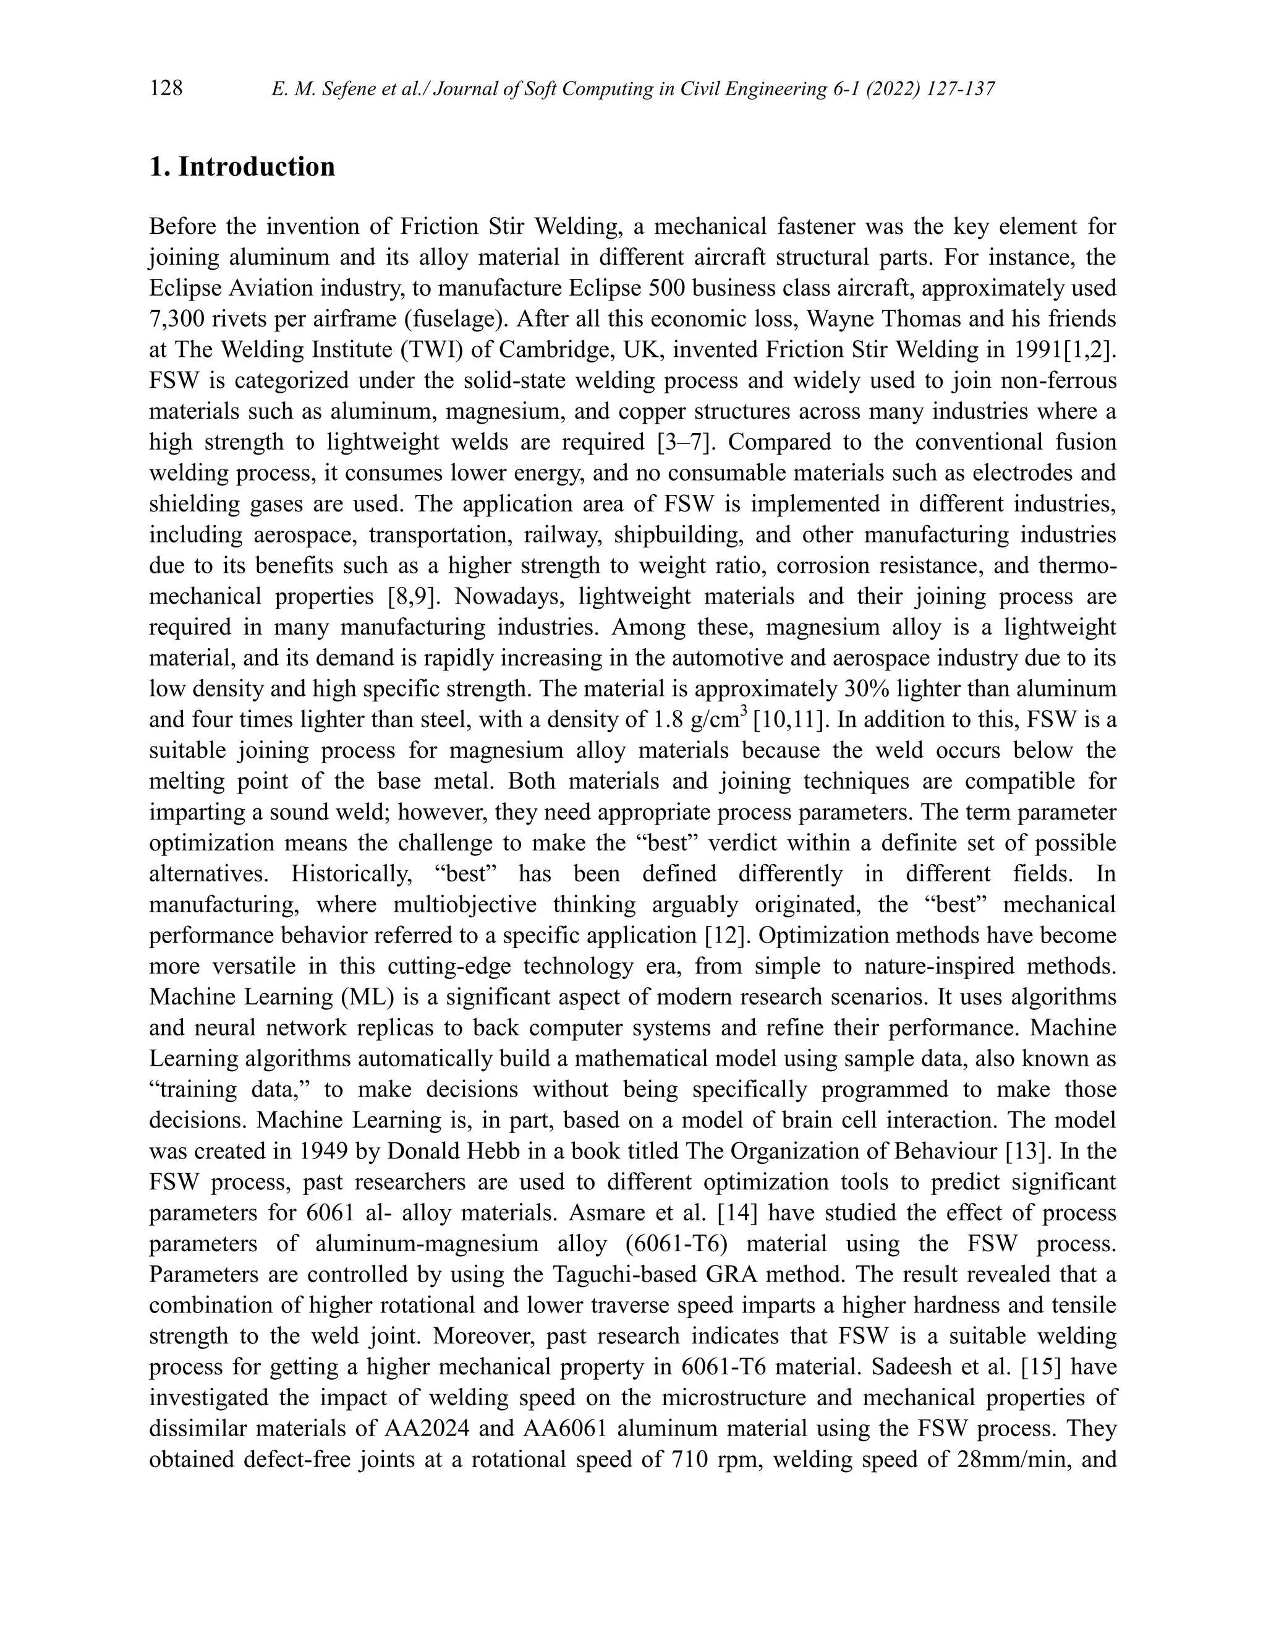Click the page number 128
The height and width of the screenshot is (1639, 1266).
pos(166,88)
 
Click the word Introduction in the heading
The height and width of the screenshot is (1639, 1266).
pos(257,166)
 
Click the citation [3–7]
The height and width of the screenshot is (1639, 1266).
pos(682,443)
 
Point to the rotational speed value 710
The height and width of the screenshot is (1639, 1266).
pos(687,1460)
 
